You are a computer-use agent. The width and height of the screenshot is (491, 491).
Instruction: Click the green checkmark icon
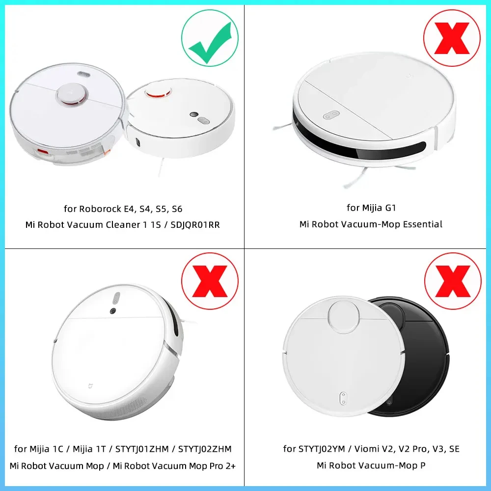click(x=210, y=38)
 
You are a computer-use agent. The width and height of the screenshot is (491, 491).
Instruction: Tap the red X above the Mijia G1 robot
click(x=452, y=38)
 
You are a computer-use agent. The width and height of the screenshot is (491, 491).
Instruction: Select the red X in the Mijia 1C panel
click(x=210, y=281)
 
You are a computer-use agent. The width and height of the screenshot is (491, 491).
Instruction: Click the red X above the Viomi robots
click(x=452, y=281)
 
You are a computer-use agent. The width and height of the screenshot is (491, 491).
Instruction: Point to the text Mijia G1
click(x=371, y=208)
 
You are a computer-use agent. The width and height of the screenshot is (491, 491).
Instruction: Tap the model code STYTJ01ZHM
click(x=142, y=449)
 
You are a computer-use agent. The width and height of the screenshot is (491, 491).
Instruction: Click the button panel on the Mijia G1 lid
click(x=331, y=114)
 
